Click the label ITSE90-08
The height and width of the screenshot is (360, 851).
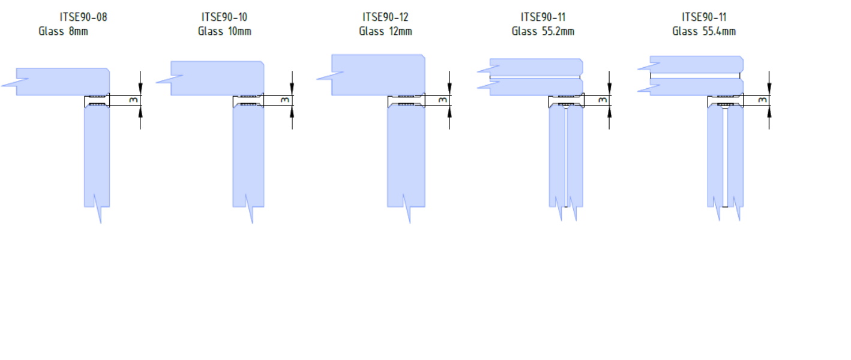[83, 17]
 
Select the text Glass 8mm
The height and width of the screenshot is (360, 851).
[63, 31]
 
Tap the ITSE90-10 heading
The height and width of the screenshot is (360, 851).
[224, 17]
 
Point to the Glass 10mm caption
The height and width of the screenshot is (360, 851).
[224, 31]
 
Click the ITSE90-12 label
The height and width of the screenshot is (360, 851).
[385, 17]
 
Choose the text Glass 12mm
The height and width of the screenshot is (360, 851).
[385, 31]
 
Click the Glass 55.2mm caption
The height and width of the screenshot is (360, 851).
[543, 31]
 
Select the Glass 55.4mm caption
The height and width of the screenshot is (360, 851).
[704, 31]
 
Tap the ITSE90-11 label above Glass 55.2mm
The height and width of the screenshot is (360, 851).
[543, 17]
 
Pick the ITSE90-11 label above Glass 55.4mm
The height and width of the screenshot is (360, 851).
[704, 17]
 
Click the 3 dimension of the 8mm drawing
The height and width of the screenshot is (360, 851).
[133, 100]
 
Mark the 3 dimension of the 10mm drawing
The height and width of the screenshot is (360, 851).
[285, 100]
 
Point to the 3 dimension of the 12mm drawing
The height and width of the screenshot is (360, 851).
[442, 100]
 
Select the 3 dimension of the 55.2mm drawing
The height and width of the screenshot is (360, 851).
[603, 100]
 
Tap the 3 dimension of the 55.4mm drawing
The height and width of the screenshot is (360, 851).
[763, 100]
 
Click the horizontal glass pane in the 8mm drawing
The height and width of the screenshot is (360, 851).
[62, 82]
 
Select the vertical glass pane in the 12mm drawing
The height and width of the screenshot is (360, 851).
[406, 155]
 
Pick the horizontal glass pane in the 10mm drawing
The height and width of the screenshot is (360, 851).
[217, 78]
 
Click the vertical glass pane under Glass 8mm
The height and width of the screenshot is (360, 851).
[97, 155]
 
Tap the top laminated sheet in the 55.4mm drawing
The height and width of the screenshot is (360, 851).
[696, 65]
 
